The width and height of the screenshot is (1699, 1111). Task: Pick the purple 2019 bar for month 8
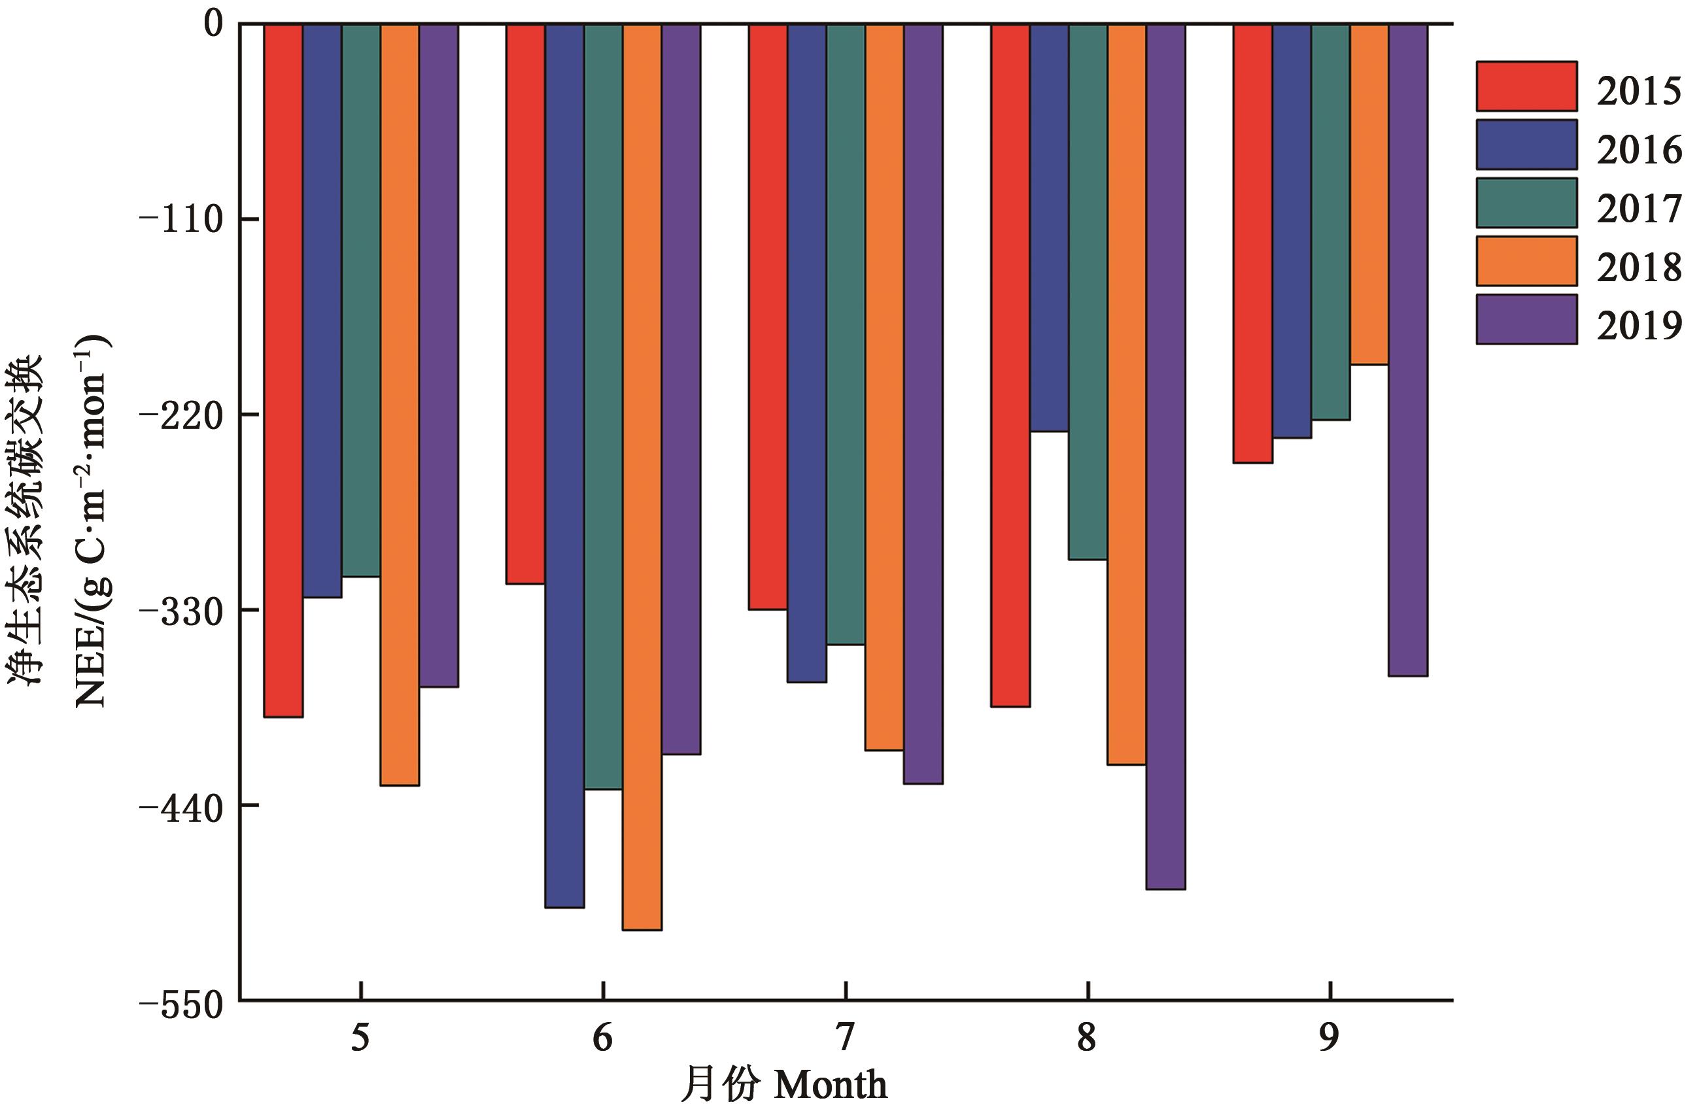pos(1166,456)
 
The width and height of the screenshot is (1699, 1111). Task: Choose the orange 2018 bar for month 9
pos(1369,194)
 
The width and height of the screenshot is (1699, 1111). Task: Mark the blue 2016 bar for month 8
pos(1049,228)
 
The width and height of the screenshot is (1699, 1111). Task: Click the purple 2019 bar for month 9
pos(1408,350)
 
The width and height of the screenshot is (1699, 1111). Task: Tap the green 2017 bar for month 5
pos(360,300)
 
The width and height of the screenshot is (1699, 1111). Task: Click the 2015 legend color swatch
pos(1526,86)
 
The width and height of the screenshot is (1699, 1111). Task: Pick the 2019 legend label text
pos(1639,326)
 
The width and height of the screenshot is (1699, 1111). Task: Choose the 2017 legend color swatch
pos(1526,203)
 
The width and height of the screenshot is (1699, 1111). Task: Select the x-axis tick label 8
pos(1086,1038)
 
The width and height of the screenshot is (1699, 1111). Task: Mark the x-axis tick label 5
pos(360,1038)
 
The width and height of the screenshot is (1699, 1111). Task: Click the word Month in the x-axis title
pos(831,1086)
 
